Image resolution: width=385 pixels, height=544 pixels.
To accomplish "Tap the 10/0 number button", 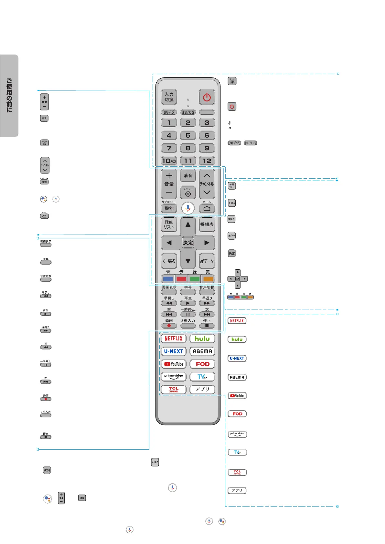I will coord(169,161).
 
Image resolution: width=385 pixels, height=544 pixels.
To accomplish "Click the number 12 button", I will coord(207,161).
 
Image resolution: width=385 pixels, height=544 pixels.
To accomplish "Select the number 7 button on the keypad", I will coord(169,148).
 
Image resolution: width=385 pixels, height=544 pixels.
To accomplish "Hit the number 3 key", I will coord(207,122).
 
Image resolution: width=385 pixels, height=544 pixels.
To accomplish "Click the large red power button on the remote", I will coord(207,97).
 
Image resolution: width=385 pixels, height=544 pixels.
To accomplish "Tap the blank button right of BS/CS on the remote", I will coord(207,112).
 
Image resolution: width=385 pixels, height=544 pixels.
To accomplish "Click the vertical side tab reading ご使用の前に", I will coord(9,96).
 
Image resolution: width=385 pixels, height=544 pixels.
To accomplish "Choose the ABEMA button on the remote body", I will coord(202,351).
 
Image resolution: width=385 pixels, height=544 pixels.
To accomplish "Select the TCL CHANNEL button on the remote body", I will coord(174,389).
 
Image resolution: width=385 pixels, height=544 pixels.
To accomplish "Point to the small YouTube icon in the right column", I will coord(237,396).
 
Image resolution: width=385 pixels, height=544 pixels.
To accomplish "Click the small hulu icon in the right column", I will coord(237,339).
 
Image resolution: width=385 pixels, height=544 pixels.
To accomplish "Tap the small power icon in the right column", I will coord(232,107).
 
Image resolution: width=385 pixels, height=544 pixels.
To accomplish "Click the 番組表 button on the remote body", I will coord(207,224).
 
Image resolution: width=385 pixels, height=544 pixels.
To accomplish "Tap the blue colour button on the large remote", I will coord(168,279).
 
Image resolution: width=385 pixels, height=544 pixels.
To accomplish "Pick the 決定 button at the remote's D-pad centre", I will coord(188,243).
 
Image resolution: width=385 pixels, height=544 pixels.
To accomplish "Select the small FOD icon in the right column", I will coord(237,414).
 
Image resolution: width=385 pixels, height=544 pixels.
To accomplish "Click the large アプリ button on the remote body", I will coord(202,389).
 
